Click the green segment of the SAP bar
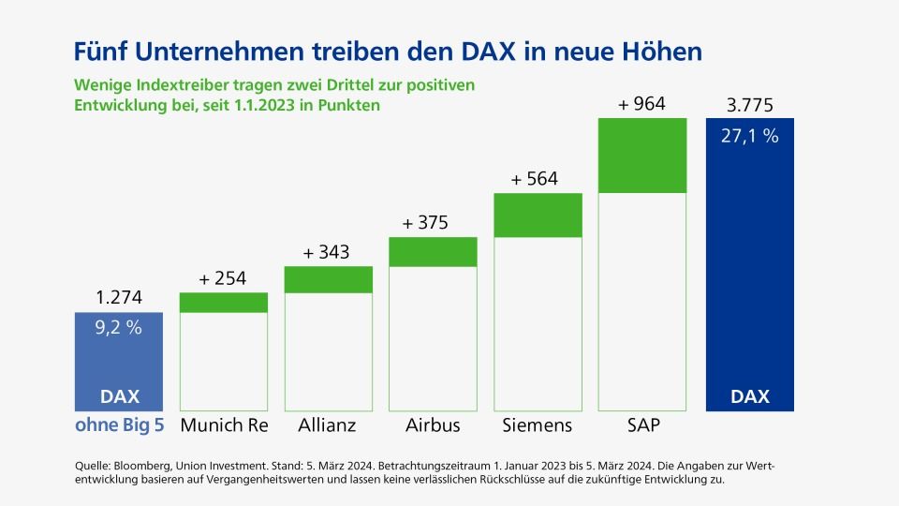(641, 156)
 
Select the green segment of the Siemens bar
(538, 216)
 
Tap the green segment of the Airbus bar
(433, 252)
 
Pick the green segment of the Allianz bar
(328, 279)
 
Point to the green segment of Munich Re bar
(223, 303)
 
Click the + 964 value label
(641, 104)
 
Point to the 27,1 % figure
(749, 136)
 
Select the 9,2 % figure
(119, 328)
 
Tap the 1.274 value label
(119, 299)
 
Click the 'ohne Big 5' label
(119, 424)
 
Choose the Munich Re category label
(224, 424)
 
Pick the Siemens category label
(537, 424)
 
